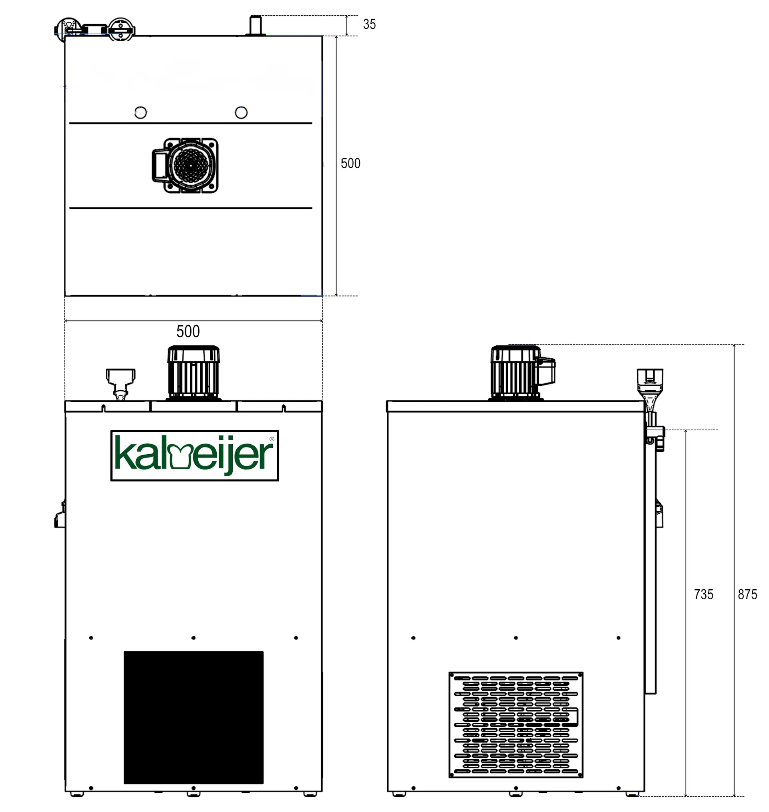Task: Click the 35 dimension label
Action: (369, 24)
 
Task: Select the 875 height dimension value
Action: (747, 594)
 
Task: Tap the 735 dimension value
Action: (703, 594)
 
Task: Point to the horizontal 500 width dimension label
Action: (188, 331)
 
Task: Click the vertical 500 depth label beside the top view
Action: (350, 163)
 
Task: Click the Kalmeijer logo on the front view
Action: (195, 455)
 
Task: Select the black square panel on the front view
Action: (193, 717)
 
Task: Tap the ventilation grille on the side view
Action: (516, 725)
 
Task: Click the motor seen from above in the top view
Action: (185, 165)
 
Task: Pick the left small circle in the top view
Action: (141, 112)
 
